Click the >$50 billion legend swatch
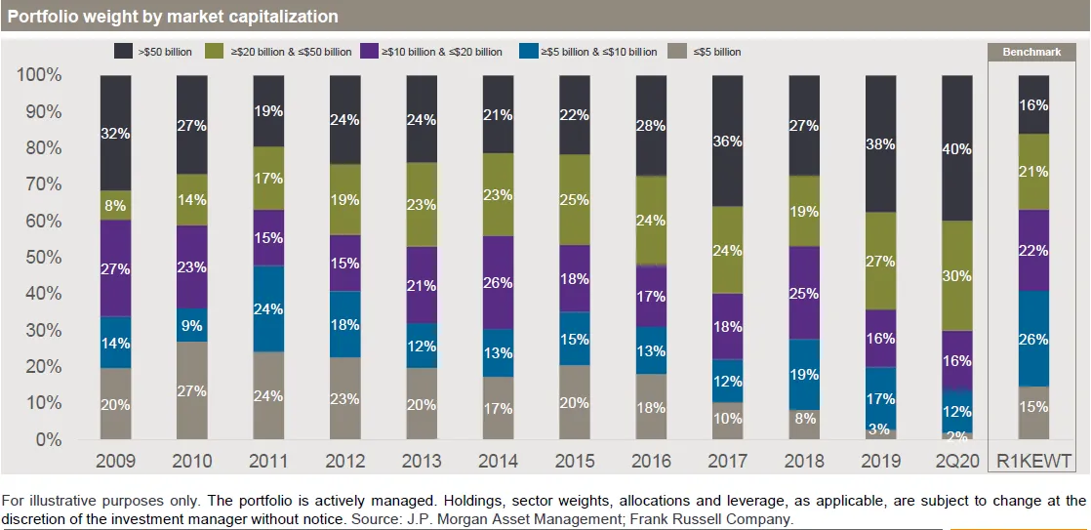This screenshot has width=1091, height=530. coord(124,52)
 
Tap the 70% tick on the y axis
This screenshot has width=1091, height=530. coord(40,184)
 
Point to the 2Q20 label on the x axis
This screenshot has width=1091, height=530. coord(956,461)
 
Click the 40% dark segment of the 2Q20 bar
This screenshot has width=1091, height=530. coord(956,148)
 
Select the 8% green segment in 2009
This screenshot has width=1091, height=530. coord(115,206)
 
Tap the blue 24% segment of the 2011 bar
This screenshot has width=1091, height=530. coord(268,308)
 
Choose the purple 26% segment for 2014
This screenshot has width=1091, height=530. coord(498,283)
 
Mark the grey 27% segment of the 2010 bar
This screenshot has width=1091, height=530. coord(191,390)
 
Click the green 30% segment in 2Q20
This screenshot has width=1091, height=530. coord(956,276)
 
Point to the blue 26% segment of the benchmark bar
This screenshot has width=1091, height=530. coord(1033,339)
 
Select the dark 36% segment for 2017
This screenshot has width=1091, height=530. coord(727,141)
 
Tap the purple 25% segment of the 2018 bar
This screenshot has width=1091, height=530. coord(803,293)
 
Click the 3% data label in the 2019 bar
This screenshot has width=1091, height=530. coord(880,429)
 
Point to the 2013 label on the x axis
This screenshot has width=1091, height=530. coord(422,461)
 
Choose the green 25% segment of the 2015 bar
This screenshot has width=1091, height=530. coord(574,200)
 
